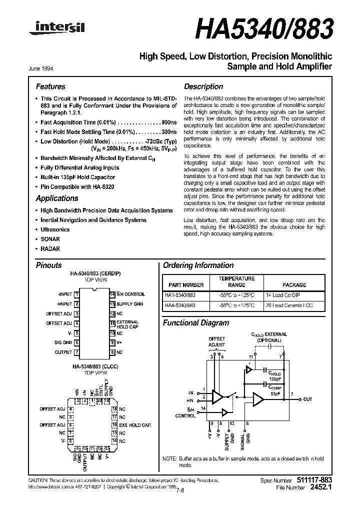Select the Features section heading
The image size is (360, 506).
pyautogui.click(x=50, y=86)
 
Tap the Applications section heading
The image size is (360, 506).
pyautogui.click(x=56, y=198)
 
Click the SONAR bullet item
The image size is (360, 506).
pyautogui.click(x=50, y=239)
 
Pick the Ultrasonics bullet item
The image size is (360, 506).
pyautogui.click(x=55, y=229)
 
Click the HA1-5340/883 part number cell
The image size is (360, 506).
pyautogui.click(x=180, y=295)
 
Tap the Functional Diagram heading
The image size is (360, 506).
pyautogui.click(x=196, y=323)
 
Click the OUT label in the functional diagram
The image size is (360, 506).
pyautogui.click(x=307, y=398)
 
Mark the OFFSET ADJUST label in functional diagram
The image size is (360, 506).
pyautogui.click(x=217, y=342)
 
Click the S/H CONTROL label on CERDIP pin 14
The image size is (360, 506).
pyautogui.click(x=131, y=294)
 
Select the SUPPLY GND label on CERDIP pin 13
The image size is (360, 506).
pyautogui.click(x=129, y=304)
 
